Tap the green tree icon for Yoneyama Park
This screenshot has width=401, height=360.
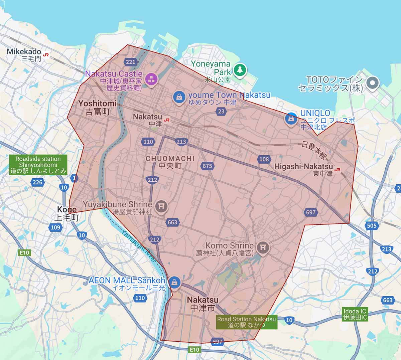240,70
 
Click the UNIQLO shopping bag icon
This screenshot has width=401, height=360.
291,119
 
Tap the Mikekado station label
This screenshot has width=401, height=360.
24,52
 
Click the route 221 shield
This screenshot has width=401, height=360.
131,62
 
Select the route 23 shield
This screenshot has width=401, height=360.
221,112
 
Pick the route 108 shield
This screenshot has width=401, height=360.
264,159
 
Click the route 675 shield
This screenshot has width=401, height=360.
207,166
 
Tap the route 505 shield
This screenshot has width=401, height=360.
372,225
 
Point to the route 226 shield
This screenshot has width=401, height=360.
37,182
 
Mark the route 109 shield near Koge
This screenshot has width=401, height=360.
55,227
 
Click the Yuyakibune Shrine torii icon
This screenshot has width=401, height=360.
161,206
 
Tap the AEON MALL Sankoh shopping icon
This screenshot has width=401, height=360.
174,282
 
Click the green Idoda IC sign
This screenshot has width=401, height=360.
355,314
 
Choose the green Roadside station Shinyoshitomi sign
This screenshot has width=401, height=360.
38,165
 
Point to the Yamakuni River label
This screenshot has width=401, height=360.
139,245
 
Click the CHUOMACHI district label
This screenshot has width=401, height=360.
170,158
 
